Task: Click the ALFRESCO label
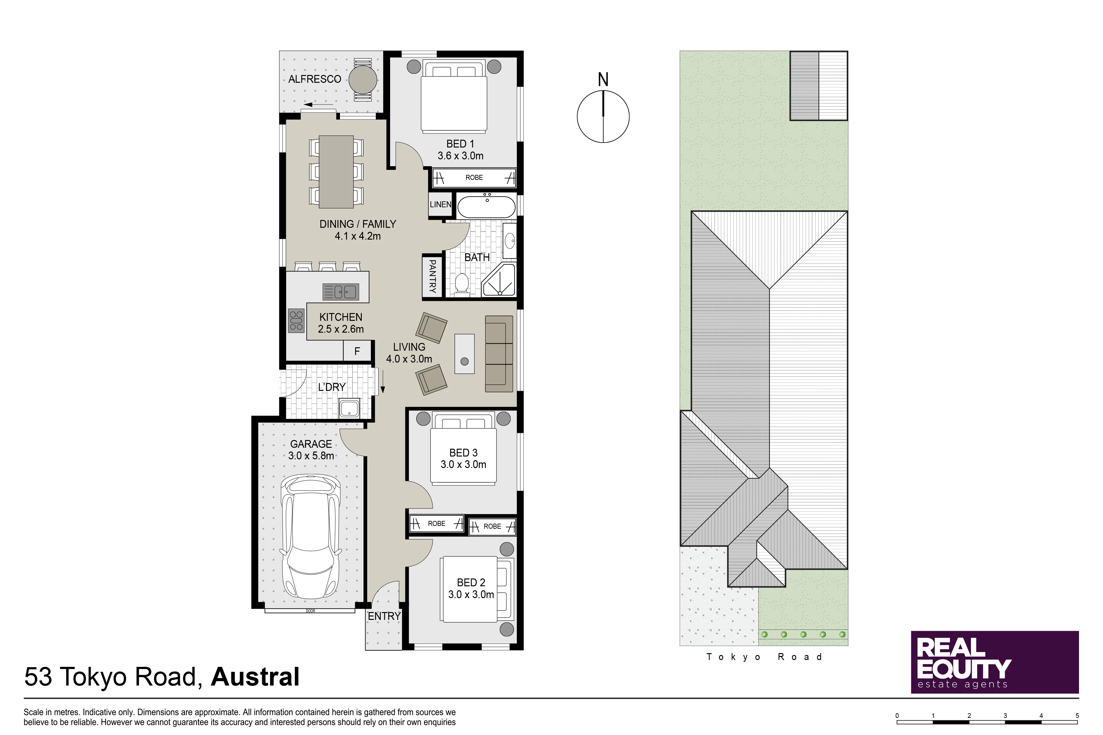pyautogui.click(x=315, y=79)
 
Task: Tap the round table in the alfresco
pyautogui.click(x=362, y=80)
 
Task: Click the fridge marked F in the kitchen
pyautogui.click(x=357, y=351)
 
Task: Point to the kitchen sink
pyautogui.click(x=341, y=292)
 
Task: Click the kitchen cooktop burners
pyautogui.click(x=296, y=321)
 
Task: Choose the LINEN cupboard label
pyautogui.click(x=440, y=205)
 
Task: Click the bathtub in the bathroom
pyautogui.click(x=486, y=206)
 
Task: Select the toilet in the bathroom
pyautogui.click(x=462, y=284)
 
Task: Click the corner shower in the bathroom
pyautogui.click(x=499, y=279)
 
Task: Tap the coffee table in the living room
pyautogui.click(x=464, y=354)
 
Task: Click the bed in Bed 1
pyautogui.click(x=454, y=96)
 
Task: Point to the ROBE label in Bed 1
pyautogui.click(x=474, y=178)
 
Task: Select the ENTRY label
pyautogui.click(x=384, y=616)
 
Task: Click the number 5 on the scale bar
pyautogui.click(x=1077, y=716)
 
